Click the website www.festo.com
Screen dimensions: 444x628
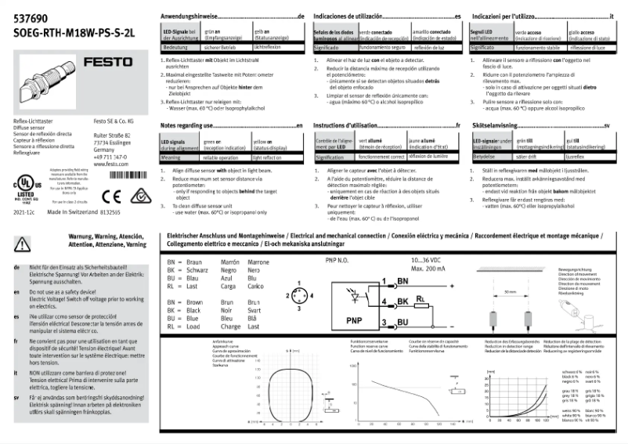[110, 165]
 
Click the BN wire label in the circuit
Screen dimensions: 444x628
[402, 280]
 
